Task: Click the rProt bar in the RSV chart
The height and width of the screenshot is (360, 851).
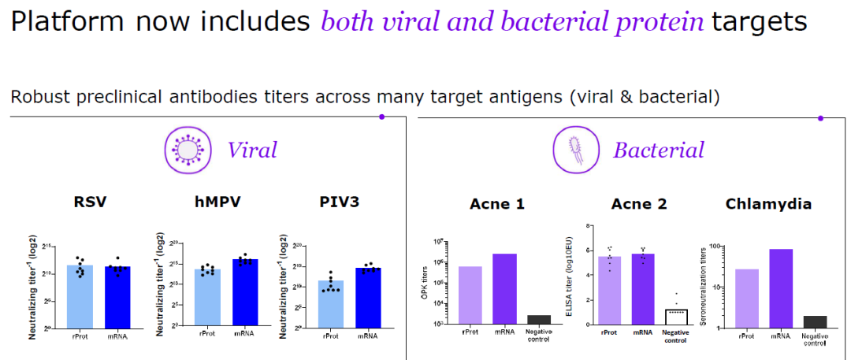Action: click(x=80, y=297)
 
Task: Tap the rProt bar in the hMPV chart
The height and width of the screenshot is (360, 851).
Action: click(x=207, y=297)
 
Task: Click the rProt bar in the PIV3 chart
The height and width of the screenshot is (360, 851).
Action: click(x=331, y=302)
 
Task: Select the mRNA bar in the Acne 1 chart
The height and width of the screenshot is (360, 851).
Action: click(x=505, y=288)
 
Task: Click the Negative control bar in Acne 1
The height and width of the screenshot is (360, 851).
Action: click(x=539, y=319)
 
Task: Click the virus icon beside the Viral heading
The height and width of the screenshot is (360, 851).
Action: click(x=188, y=150)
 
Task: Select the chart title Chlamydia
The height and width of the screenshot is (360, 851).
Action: click(x=768, y=205)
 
